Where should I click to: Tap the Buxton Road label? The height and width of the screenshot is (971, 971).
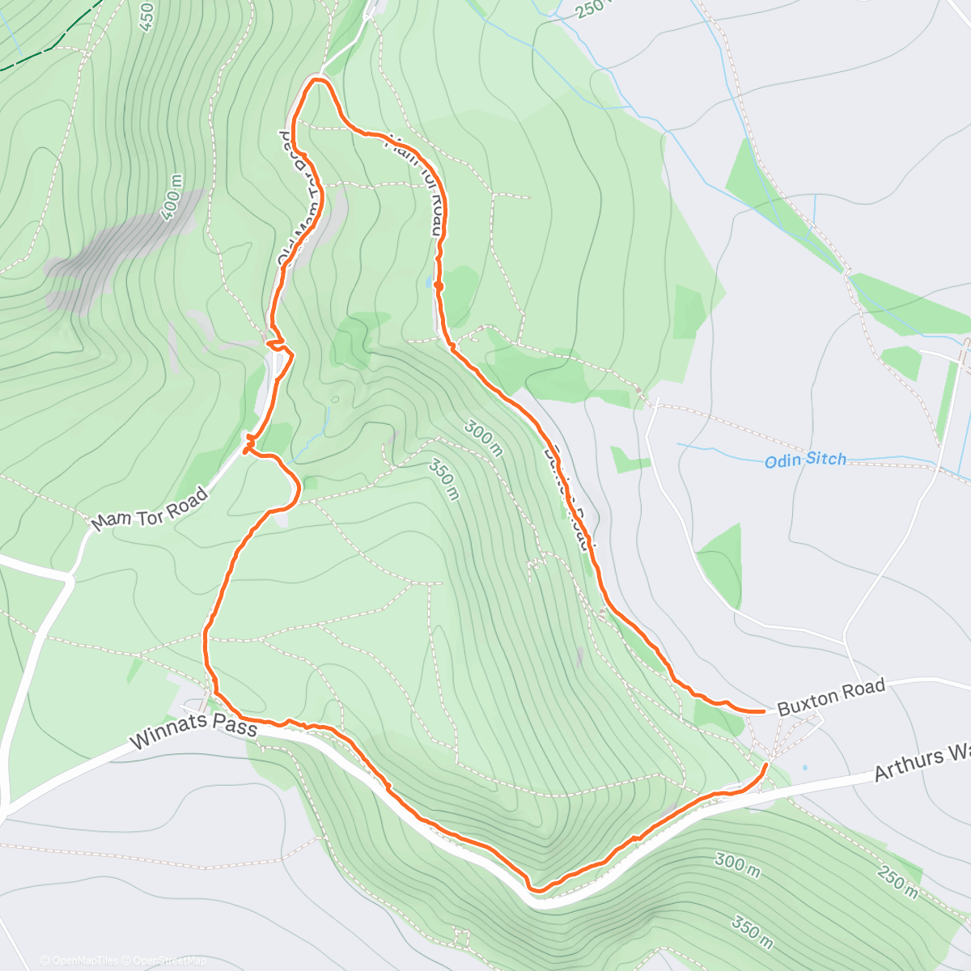[x=831, y=698]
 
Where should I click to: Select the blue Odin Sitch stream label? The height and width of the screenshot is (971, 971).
[x=805, y=460]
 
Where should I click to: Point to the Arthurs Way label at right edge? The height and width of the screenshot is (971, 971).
[x=922, y=764]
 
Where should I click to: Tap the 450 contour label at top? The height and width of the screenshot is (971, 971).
[x=146, y=16]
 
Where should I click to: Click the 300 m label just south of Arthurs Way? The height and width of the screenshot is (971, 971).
[x=736, y=864]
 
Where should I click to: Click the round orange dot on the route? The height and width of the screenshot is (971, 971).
[x=438, y=286]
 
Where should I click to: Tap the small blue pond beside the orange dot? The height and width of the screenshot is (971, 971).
[x=427, y=282]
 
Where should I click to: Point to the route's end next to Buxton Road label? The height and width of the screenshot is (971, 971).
[x=765, y=711]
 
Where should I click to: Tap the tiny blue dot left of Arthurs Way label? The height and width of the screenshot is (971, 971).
[x=804, y=767]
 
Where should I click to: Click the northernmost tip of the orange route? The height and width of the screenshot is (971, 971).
[x=317, y=78]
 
